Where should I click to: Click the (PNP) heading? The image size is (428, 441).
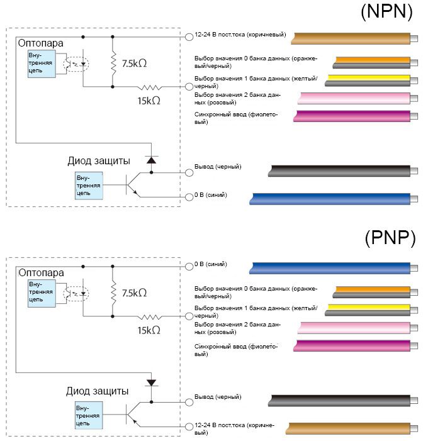(x=390, y=238)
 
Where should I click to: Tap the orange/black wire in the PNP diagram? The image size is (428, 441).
(x=371, y=291)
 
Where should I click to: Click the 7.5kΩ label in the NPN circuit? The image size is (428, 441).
(x=134, y=64)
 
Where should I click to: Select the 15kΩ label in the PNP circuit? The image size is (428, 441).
(x=149, y=329)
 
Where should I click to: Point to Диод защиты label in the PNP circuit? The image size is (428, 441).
(x=98, y=391)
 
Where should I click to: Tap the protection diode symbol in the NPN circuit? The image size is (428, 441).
(x=150, y=160)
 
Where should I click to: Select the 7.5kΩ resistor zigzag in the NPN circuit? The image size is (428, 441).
(x=113, y=64)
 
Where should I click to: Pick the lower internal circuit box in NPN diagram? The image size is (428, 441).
(x=89, y=184)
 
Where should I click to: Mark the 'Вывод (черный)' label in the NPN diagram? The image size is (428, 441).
(x=217, y=167)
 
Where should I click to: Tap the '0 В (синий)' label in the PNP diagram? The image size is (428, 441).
(x=211, y=264)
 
